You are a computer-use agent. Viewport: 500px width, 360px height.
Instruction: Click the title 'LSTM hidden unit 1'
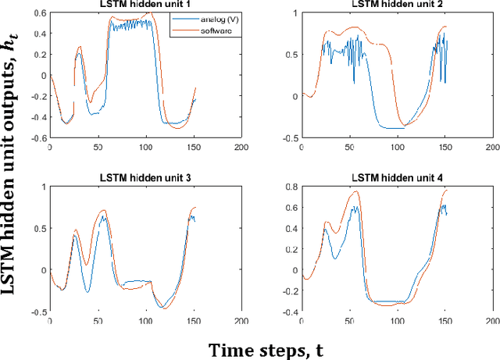tap(146, 5)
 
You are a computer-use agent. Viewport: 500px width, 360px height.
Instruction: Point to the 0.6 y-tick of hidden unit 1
tap(41, 12)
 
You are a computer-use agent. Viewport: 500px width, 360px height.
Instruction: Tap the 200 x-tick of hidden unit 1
tap(241, 147)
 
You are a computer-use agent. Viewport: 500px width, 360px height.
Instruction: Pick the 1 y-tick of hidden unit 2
tap(297, 12)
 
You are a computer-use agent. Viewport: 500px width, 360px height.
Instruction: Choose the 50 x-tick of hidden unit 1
tap(98, 147)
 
